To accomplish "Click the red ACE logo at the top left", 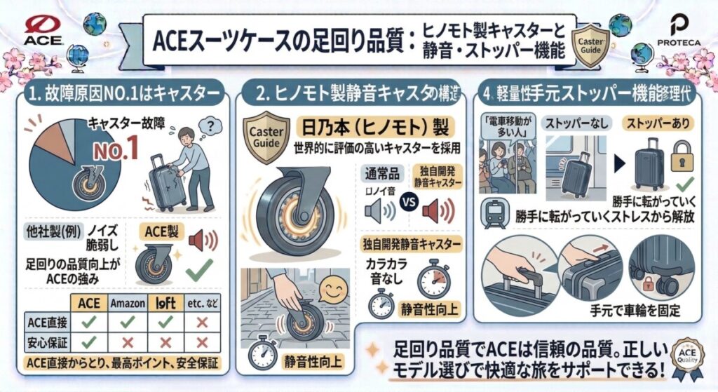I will coord(44,30).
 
